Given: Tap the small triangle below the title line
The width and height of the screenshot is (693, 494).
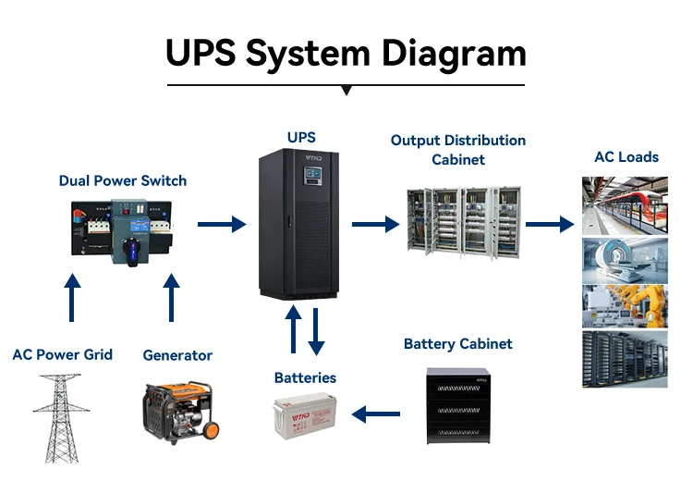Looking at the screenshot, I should point(346,91).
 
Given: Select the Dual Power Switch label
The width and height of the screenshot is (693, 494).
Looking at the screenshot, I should point(123,180).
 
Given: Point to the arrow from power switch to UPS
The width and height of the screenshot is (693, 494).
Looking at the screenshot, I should point(222,224).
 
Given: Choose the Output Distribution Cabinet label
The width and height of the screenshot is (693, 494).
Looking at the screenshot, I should point(458,150).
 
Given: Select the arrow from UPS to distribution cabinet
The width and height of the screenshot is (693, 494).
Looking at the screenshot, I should point(374,224).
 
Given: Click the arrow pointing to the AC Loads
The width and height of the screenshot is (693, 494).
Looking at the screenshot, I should point(550,224).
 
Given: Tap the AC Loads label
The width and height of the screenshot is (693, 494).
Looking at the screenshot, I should point(626,157).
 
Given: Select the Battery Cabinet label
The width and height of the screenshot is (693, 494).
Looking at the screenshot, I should point(458,344).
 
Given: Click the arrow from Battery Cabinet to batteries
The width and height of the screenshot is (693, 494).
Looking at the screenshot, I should point(376,415).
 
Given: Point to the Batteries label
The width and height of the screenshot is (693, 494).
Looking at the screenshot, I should point(305,377).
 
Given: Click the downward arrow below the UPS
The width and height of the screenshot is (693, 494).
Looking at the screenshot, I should point(317,331).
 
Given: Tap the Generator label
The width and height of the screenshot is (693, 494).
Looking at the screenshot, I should point(177,355).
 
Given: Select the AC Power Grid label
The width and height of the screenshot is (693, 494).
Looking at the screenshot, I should point(63,354).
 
